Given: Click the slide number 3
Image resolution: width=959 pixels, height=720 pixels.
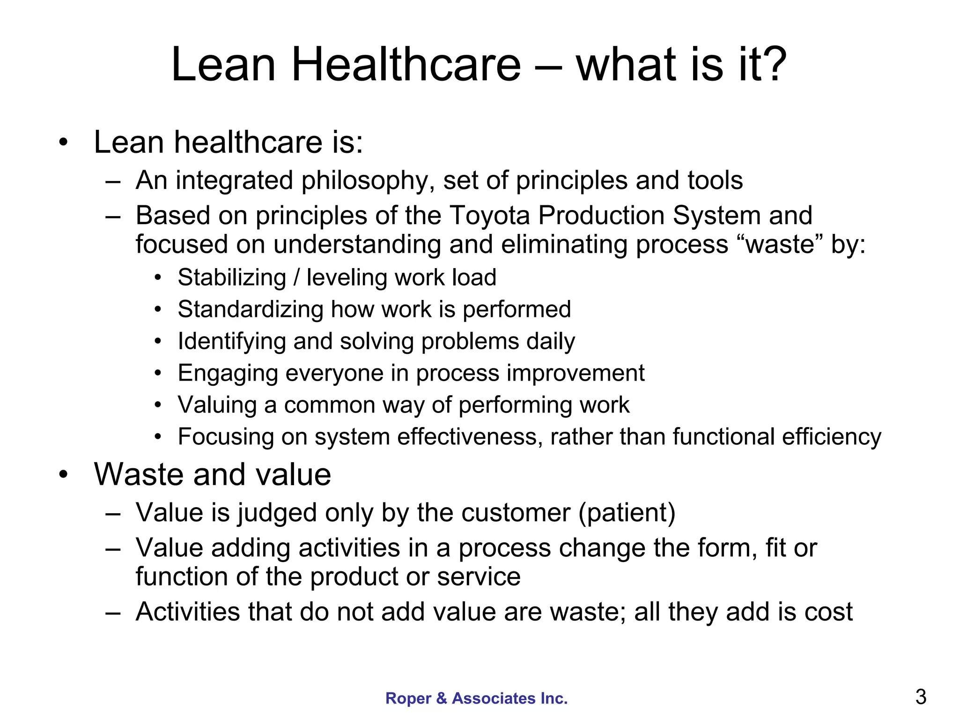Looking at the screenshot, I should click(x=921, y=697).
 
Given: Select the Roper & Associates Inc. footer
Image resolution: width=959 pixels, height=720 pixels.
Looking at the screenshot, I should click(x=476, y=698).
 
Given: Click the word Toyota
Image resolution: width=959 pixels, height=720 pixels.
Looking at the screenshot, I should click(x=490, y=216).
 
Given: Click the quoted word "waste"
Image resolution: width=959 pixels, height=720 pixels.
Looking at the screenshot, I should click(x=779, y=245).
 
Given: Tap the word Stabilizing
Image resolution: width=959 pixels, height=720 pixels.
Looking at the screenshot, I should click(x=232, y=277).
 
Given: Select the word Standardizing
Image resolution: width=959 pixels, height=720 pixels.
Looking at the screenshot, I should click(x=251, y=309).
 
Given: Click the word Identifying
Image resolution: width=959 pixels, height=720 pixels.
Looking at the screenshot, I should click(x=232, y=341).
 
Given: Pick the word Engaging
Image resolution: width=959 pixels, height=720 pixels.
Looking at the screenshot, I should click(x=228, y=373).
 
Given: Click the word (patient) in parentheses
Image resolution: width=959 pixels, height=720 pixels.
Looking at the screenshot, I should click(x=627, y=513).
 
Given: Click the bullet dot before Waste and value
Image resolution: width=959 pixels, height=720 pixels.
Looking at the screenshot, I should click(x=63, y=475).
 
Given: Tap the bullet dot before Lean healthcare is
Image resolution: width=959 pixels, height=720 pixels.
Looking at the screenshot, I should click(x=63, y=142).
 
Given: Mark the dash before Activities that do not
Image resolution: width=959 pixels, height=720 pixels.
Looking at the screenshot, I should click(x=113, y=613).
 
